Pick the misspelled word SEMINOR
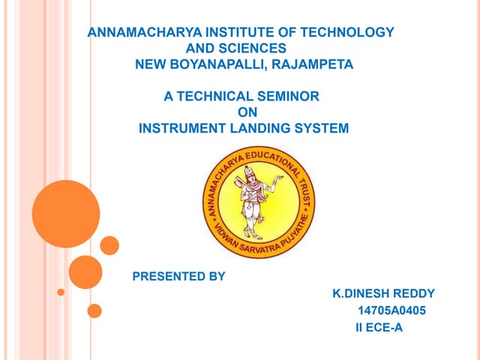[288, 97]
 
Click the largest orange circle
[66, 214]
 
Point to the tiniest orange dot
[61, 292]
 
